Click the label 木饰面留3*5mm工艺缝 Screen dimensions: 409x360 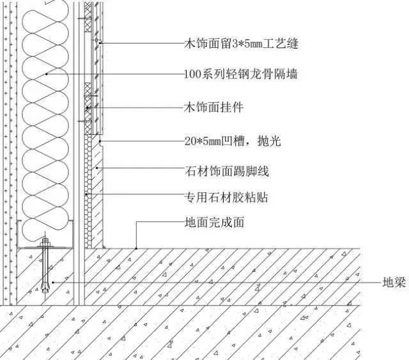242,43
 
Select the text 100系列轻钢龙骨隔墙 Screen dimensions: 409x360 241,74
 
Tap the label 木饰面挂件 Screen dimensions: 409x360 214,107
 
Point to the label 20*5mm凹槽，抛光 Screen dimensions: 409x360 233,141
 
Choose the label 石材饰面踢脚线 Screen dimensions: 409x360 227,171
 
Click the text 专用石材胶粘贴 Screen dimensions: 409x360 226,197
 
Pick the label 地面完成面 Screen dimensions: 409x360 214,223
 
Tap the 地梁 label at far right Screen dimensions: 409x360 394,283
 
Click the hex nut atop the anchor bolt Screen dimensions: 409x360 45,239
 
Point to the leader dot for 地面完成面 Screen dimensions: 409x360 136,249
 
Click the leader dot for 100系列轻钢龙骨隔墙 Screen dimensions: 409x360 47,74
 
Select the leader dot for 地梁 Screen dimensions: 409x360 53,283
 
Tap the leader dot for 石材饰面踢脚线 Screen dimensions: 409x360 96,168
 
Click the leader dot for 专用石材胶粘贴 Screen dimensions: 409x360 86,194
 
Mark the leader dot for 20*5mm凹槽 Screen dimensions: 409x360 100,141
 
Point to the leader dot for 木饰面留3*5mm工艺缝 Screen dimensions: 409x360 100,43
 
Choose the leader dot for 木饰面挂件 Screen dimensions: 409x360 88,107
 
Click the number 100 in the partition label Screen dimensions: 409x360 190,74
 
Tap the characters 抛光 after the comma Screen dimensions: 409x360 269,141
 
